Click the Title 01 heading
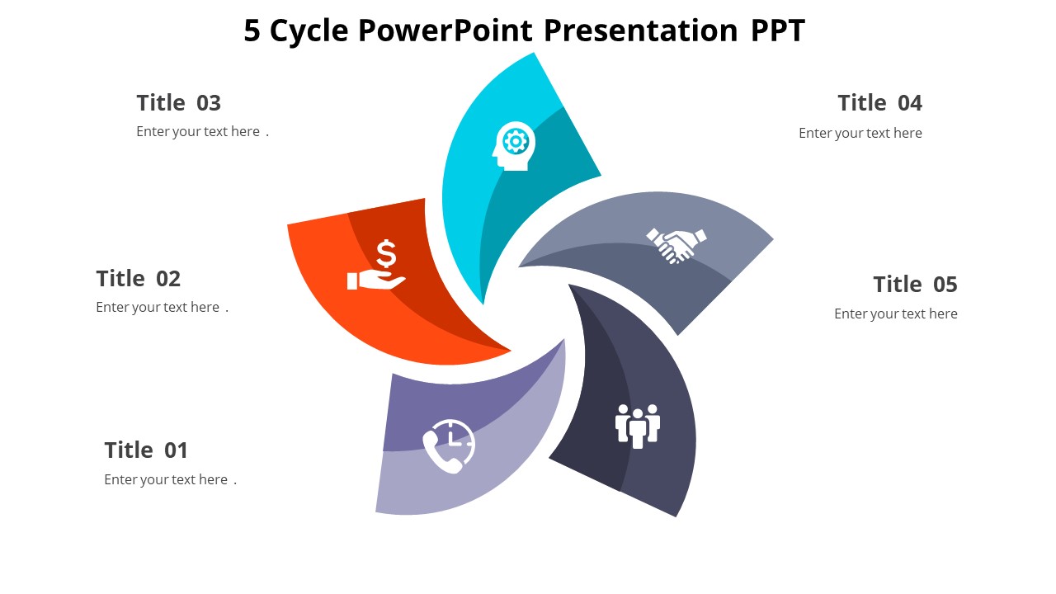click(146, 450)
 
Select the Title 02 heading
click(138, 279)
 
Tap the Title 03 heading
click(178, 103)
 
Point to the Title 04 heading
click(879, 103)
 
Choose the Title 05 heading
click(915, 285)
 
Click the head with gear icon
click(515, 146)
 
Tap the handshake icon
click(676, 245)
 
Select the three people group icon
click(638, 426)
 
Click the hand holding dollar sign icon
click(378, 266)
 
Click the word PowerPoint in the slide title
click(445, 31)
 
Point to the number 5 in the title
click(252, 31)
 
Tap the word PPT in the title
click(777, 31)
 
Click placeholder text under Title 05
click(895, 314)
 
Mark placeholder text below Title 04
click(860, 134)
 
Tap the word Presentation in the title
click(640, 31)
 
